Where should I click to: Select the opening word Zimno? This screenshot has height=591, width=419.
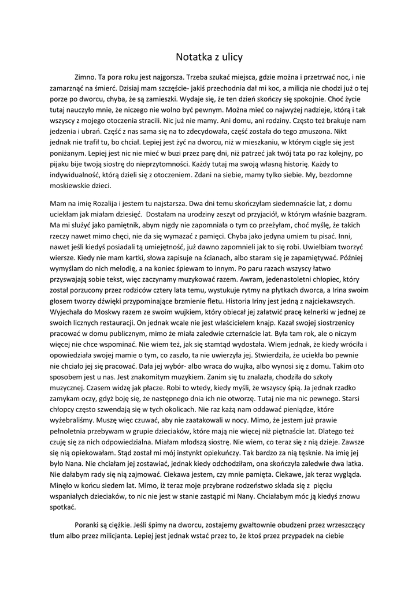(85, 77)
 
